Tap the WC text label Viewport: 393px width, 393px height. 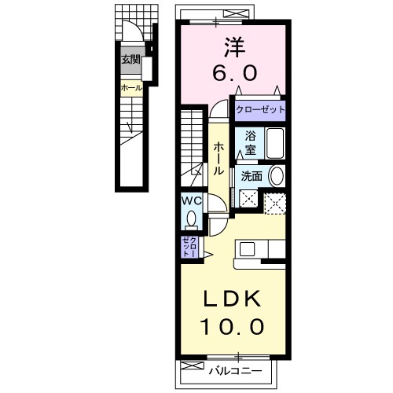[x=193, y=200]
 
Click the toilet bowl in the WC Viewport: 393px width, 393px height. [x=192, y=217]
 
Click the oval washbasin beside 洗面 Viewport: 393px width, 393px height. [x=276, y=175]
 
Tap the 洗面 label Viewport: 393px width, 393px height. [x=251, y=176]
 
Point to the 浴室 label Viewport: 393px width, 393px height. [x=249, y=141]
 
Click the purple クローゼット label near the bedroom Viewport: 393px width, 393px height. [x=260, y=109]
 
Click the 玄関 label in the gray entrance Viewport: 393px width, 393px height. [x=130, y=59]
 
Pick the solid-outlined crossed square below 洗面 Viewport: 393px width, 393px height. [x=249, y=200]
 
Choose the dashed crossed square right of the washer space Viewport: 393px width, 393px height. [x=275, y=202]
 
